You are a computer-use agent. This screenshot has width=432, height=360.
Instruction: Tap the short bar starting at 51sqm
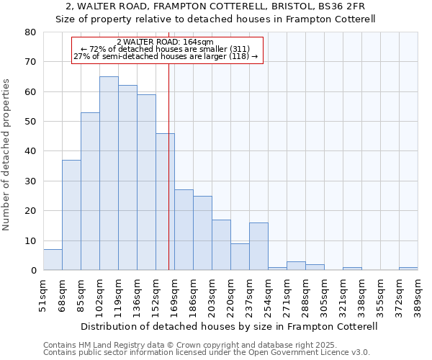[x=53, y=260]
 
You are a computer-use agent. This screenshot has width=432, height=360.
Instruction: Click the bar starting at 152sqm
[x=165, y=202]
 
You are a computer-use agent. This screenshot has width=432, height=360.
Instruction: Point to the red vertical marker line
[x=168, y=144]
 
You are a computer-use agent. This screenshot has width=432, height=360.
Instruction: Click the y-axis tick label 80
[x=30, y=32]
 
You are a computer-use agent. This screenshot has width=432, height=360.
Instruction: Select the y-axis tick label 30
[x=30, y=181]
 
